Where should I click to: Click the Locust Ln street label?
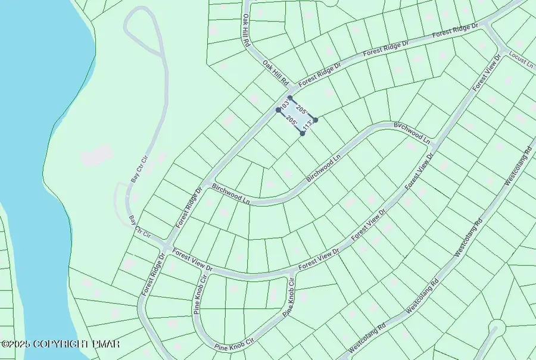pos(522,60)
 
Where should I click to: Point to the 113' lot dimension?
pos(307,127)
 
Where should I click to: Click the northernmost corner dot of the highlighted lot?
pos(290,98)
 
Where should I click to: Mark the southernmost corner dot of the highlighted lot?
pos(303,134)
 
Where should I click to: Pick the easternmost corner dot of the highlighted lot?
pos(316,120)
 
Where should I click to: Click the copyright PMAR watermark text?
pos(61,344)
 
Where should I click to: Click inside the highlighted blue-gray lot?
pos(297,115)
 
